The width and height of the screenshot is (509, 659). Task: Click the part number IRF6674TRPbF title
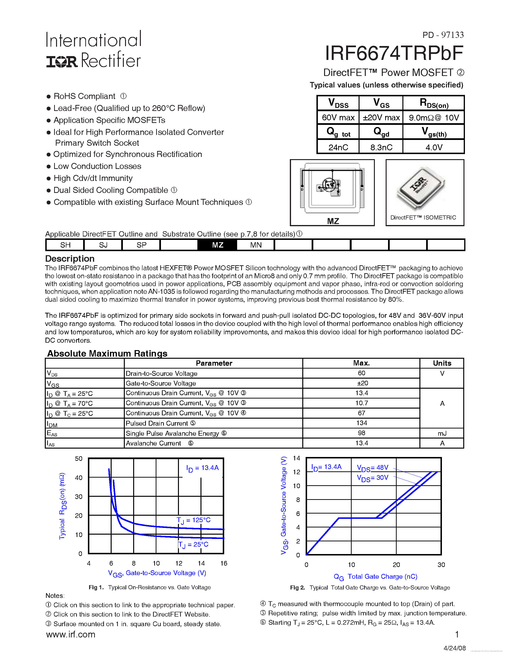(x=394, y=53)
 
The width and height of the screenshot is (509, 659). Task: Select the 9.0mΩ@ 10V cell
(x=434, y=118)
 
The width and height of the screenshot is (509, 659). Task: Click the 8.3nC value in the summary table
(x=381, y=147)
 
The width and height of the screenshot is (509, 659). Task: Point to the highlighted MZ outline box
(x=217, y=245)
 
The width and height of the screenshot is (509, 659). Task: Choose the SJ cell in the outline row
(x=103, y=245)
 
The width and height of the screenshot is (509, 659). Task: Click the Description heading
(x=70, y=259)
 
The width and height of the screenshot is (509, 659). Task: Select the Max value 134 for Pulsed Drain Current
(x=361, y=423)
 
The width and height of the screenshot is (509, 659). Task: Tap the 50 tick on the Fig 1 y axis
(x=78, y=459)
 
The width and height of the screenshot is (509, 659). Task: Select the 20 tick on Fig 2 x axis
(x=396, y=565)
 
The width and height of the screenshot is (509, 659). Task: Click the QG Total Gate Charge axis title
(x=375, y=577)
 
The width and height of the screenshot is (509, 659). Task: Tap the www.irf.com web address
(x=71, y=635)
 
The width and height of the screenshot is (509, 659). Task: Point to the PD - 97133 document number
(x=443, y=35)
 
